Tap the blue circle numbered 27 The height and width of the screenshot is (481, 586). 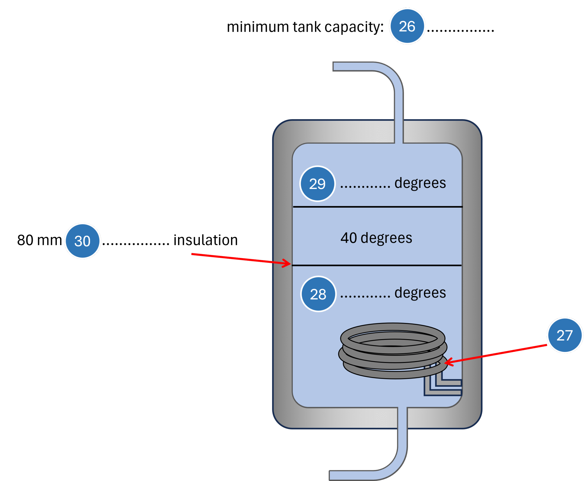click(x=565, y=335)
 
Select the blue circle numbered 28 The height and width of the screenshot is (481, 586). click(x=318, y=294)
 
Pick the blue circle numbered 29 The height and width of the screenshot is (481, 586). click(x=317, y=184)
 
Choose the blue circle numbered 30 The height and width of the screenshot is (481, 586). click(x=82, y=241)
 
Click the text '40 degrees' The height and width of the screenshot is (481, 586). click(x=376, y=238)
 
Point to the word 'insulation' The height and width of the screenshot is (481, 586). click(x=205, y=240)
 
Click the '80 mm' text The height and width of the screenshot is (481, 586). click(x=39, y=240)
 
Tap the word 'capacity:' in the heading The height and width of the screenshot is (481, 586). click(x=354, y=27)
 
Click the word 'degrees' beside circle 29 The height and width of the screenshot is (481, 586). click(x=420, y=183)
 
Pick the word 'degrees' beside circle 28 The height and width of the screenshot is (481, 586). click(x=420, y=293)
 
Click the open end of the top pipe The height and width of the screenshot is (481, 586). click(x=334, y=67)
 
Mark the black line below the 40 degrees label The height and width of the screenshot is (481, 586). click(x=377, y=265)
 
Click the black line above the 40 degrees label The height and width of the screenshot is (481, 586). click(x=377, y=207)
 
